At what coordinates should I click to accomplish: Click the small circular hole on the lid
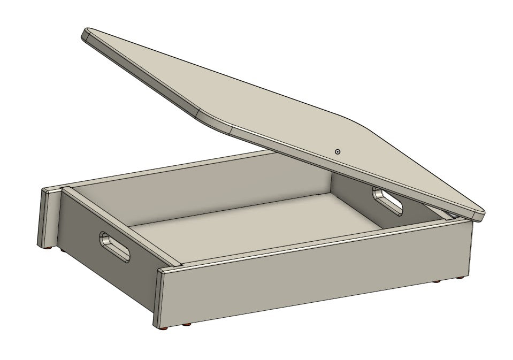[x=338, y=152]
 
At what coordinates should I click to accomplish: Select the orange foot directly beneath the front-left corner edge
[x=164, y=326]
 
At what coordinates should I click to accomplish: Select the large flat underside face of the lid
[x=300, y=107]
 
